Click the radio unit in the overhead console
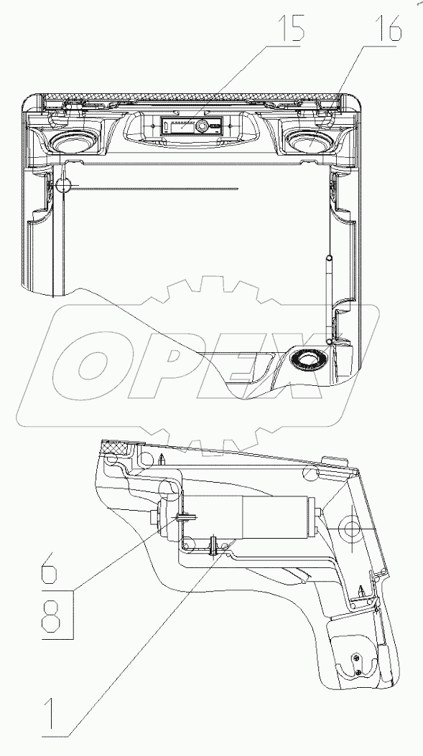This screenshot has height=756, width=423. tap(192, 126)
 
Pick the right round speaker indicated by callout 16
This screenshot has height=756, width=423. tap(309, 141)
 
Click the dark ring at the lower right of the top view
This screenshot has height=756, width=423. tap(306, 358)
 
